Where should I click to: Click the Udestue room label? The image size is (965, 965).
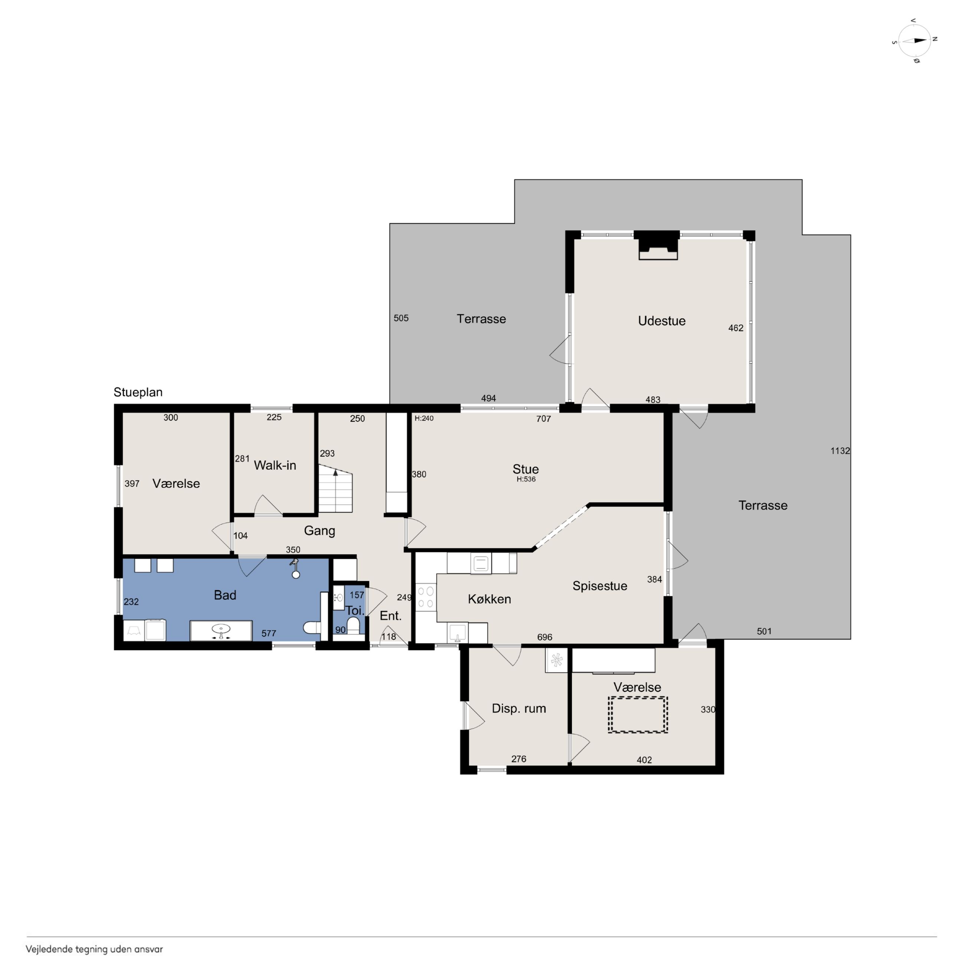pos(661,321)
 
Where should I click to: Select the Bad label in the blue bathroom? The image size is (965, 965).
pos(225,595)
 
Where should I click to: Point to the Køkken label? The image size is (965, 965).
pos(490,599)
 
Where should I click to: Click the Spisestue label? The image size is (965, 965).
pos(600,586)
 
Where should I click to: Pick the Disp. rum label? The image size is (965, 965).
pos(519,708)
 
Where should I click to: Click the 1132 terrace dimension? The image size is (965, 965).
pos(840,451)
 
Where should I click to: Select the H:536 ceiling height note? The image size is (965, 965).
pos(526,479)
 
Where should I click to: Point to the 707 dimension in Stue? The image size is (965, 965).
pos(543,419)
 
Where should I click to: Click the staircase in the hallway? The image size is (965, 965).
pos(335,488)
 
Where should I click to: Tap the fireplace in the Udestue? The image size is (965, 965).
pos(658,245)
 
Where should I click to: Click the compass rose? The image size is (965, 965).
pos(915,41)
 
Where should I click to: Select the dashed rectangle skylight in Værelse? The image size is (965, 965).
pos(638,715)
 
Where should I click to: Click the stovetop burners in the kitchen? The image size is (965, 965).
pos(426,597)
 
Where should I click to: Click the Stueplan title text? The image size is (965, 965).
pos(138,392)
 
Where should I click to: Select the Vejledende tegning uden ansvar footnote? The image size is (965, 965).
pos(94,949)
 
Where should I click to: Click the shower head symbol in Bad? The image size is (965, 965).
pos(295,568)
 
